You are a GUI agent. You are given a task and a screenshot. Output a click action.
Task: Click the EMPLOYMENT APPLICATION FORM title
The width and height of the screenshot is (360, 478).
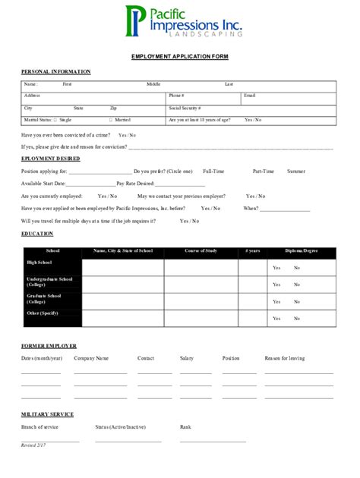click(179, 57)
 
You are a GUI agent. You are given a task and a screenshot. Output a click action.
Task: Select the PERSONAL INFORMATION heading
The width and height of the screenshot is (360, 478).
click(55, 71)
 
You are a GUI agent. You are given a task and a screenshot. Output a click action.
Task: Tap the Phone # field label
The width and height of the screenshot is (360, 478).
click(176, 96)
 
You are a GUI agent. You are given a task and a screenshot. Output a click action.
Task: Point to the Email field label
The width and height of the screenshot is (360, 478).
click(249, 96)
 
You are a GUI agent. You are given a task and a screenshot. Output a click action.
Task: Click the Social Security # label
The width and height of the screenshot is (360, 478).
click(185, 108)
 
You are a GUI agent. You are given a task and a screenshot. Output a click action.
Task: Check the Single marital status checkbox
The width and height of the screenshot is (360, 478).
click(55, 120)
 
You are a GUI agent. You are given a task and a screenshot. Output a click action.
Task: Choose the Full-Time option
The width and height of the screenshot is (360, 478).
click(213, 171)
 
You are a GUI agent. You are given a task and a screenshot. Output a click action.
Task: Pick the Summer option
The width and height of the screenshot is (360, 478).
click(296, 171)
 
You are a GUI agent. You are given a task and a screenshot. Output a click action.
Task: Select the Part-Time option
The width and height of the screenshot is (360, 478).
click(264, 171)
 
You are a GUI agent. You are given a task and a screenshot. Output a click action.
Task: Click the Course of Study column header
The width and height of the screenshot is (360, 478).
click(201, 250)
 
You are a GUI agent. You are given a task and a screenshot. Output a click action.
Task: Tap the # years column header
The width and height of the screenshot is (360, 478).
click(252, 250)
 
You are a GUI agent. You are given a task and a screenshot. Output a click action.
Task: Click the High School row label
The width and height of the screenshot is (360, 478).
click(39, 263)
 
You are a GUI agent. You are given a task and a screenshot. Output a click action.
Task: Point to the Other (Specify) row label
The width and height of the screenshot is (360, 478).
click(43, 313)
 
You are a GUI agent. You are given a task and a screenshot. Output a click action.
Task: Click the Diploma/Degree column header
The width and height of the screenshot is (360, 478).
click(302, 250)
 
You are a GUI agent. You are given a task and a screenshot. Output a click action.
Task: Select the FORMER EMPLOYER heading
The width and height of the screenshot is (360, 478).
click(49, 345)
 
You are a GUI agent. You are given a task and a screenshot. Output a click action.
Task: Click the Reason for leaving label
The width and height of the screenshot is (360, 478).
click(285, 357)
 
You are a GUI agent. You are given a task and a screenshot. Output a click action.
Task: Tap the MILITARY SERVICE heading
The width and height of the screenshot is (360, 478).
click(47, 414)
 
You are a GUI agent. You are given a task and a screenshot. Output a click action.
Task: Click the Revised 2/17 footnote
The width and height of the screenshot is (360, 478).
click(33, 445)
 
